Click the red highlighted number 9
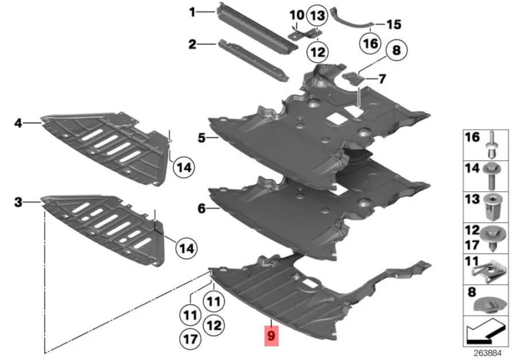click(x=271, y=336)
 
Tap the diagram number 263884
click(x=487, y=353)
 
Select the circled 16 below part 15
click(x=371, y=44)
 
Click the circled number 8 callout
click(x=397, y=51)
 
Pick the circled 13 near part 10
click(x=317, y=16)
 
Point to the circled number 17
click(x=191, y=339)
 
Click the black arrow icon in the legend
click(x=484, y=332)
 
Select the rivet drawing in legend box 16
click(x=494, y=144)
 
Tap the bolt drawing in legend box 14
click(x=491, y=176)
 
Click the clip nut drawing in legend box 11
click(x=485, y=271)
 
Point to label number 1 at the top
click(x=192, y=13)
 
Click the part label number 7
click(x=382, y=79)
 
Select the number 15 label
click(x=394, y=24)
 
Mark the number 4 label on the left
click(x=18, y=123)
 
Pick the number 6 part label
click(x=202, y=208)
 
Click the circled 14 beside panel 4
click(x=184, y=167)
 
